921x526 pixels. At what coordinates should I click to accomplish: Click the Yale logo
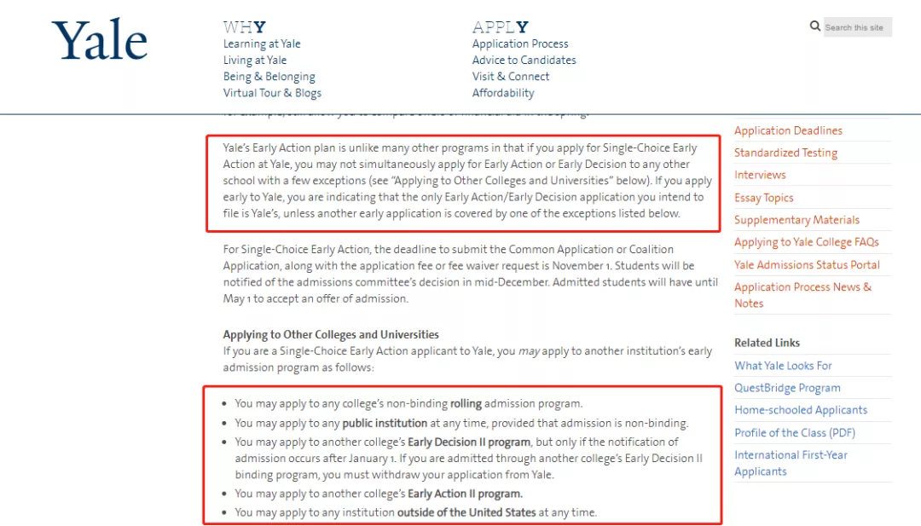99,42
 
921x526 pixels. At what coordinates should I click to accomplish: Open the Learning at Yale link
262,43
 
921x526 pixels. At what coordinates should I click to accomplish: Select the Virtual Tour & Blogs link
272,93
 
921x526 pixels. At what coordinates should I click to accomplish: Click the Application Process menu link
520,43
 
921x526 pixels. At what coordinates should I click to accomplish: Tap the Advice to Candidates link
524,60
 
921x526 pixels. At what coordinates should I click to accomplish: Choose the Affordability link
503,93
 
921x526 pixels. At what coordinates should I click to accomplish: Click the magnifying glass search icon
815,26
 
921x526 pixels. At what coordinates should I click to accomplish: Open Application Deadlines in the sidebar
788,130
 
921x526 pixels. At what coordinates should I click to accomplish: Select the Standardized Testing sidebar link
785,153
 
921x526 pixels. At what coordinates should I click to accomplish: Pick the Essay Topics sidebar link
763,198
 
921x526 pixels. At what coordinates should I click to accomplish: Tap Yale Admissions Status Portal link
807,264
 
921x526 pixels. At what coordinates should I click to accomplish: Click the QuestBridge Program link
787,388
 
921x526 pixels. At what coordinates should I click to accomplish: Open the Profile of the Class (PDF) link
795,432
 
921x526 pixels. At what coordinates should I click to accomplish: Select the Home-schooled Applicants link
801,410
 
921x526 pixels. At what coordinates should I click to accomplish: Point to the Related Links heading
767,343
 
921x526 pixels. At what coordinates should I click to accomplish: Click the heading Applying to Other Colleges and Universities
331,334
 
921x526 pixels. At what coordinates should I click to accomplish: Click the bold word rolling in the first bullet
466,403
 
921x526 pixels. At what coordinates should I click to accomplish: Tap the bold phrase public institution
385,423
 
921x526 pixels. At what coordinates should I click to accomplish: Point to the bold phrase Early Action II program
465,494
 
